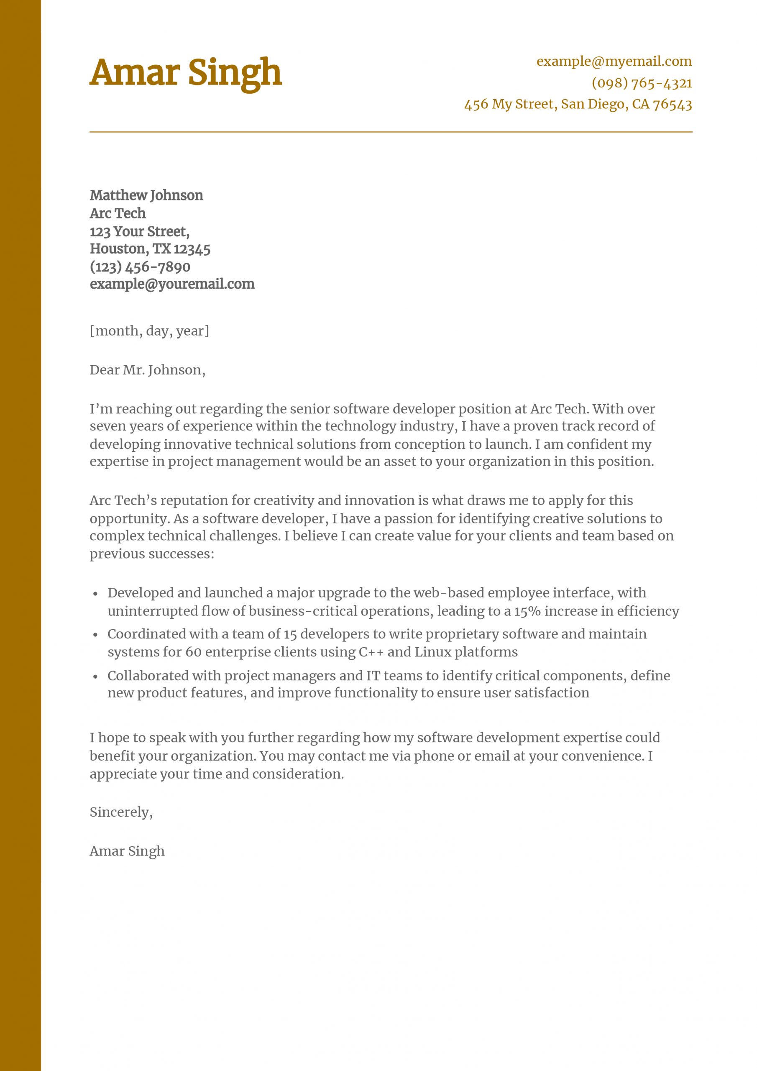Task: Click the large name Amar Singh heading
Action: coord(186,73)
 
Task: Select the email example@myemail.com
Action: coord(614,61)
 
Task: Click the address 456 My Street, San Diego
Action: coord(578,104)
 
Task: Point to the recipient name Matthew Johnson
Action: coord(146,195)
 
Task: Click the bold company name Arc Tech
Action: coord(118,213)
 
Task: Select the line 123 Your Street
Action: coord(139,231)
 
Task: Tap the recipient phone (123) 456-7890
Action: coord(140,267)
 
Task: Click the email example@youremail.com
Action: coord(172,284)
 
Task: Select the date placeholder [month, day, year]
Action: coord(149,331)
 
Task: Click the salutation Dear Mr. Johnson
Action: coord(147,370)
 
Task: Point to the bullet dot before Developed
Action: coord(96,594)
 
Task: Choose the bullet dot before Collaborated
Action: coord(96,677)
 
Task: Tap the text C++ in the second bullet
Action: coord(371,652)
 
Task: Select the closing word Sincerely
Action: coord(121,812)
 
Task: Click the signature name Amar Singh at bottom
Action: coord(127,851)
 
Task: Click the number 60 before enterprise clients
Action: coord(193,652)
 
